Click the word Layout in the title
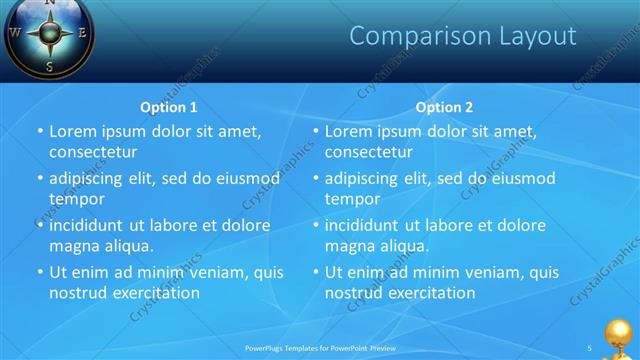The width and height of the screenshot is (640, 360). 531,37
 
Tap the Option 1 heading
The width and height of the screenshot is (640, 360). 167,107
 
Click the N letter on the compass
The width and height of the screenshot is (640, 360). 51,3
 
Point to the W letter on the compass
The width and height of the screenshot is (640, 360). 14,32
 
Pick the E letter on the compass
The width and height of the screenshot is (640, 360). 84,32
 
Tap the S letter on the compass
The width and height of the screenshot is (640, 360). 49,66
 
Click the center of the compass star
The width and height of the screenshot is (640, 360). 49,33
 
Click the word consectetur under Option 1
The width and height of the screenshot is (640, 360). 93,152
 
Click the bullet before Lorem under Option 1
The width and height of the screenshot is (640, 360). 40,132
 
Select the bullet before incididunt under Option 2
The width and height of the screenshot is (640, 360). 316,226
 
